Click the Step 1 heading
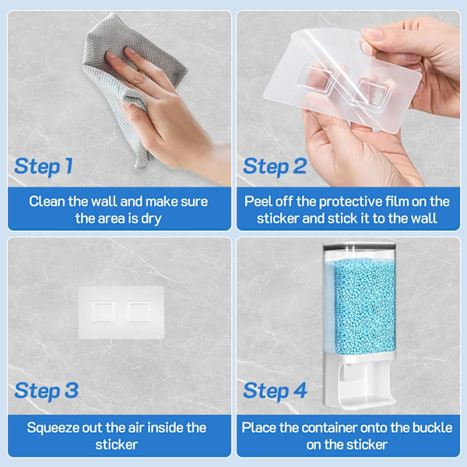44,167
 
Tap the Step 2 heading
275,167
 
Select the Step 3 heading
47,391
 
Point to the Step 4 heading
275,391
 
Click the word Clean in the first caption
47,202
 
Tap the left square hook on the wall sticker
104,312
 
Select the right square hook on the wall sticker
139,312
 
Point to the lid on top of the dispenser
360,246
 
